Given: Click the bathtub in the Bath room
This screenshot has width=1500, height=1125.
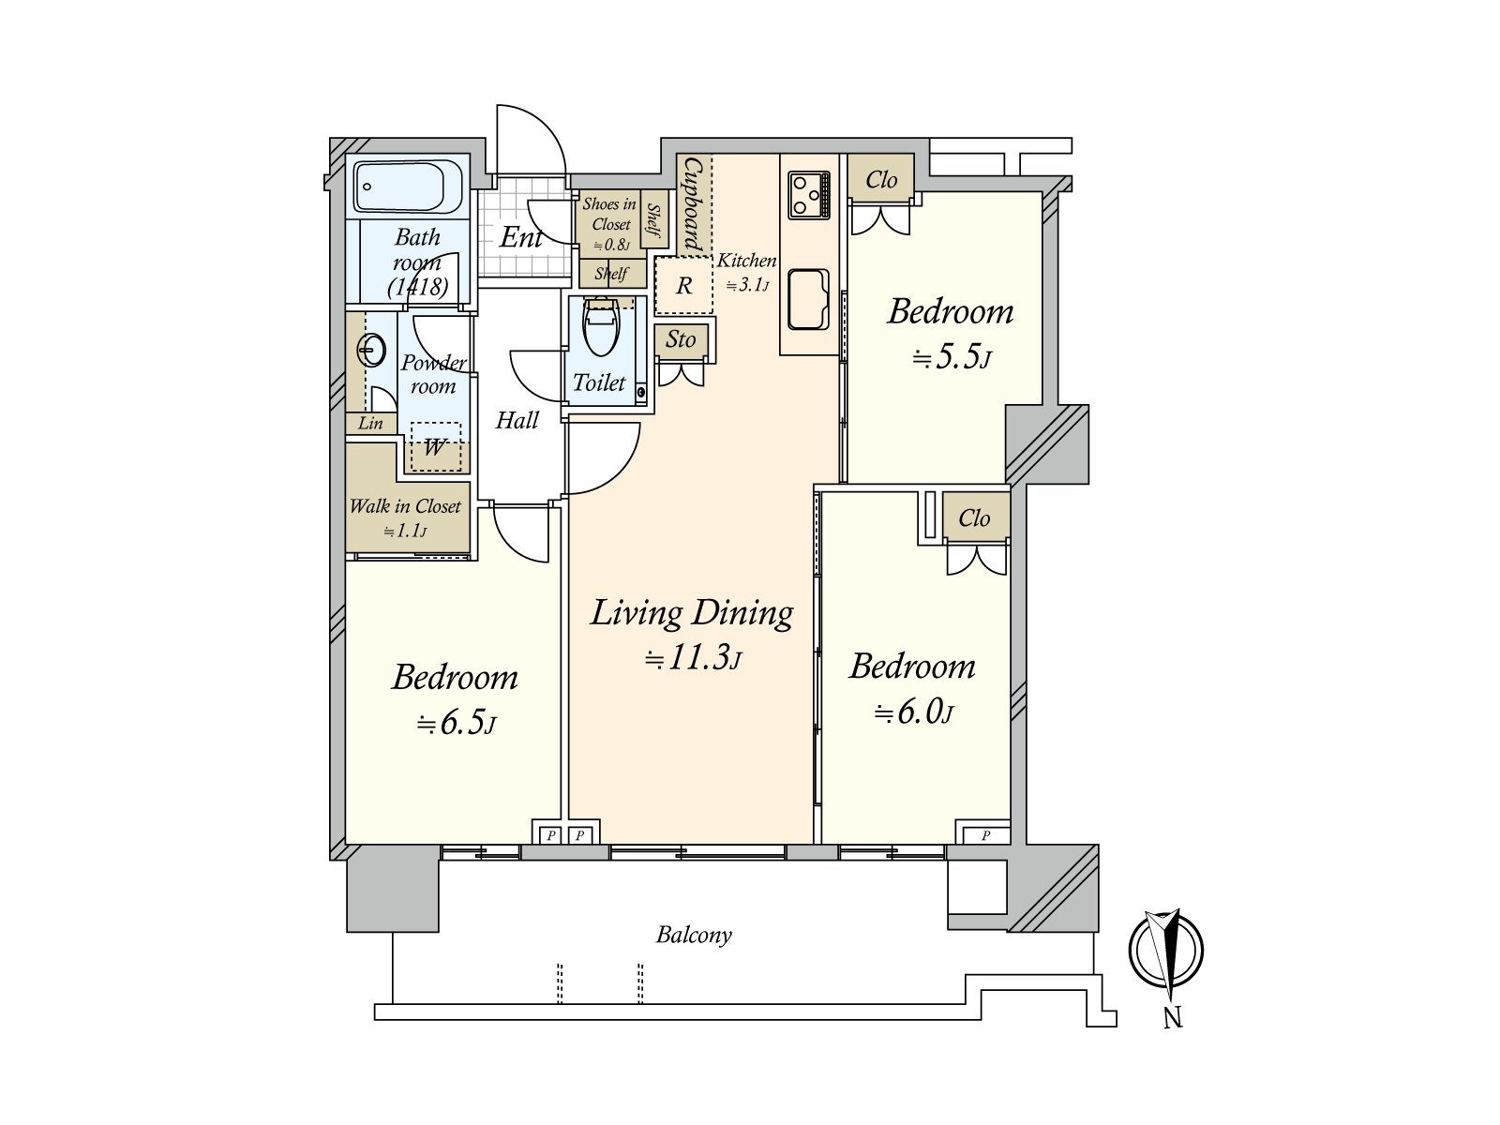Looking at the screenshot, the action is tap(408, 187).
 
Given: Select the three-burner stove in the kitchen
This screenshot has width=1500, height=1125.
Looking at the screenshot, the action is tap(809, 195).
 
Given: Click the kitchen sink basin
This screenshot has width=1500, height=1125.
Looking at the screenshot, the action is tap(808, 300).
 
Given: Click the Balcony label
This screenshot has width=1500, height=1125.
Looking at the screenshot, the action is tap(694, 935).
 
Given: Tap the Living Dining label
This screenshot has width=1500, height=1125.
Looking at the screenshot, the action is tap(692, 613).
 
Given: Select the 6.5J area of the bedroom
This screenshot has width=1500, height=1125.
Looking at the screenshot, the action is tap(457, 723).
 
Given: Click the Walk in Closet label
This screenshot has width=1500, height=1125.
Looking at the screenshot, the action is tap(405, 507).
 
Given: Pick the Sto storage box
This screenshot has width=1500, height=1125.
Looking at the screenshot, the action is tap(681, 340).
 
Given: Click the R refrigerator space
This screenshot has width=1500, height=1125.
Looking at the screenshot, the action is tap(683, 285).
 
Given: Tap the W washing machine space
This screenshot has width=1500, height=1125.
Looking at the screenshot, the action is tap(435, 447).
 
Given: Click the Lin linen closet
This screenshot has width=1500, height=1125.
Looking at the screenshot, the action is tap(370, 423).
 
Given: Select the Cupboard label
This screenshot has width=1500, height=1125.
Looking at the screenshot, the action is tap(693, 204).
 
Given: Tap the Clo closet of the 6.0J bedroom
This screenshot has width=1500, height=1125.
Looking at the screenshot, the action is tap(975, 517).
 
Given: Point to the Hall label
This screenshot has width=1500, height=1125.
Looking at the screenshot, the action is tap(517, 420).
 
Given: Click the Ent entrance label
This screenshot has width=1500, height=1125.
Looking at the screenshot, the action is tap(521, 238).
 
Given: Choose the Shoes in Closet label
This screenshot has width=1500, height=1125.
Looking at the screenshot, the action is tap(609, 214).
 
